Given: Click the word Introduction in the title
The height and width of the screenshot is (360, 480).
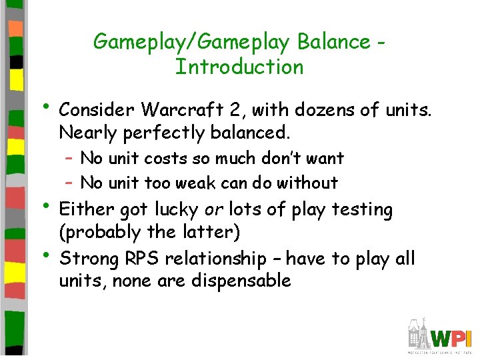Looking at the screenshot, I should click(239, 67).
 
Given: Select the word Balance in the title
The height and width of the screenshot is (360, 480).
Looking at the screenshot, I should click(333, 41).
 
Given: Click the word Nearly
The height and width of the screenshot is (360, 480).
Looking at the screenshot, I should click(88, 133).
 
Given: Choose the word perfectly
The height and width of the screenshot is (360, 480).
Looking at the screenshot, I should click(163, 133).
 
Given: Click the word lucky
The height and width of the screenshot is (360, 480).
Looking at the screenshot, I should click(177, 209).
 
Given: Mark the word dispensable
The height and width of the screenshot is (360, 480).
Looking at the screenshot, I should click(241, 281).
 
